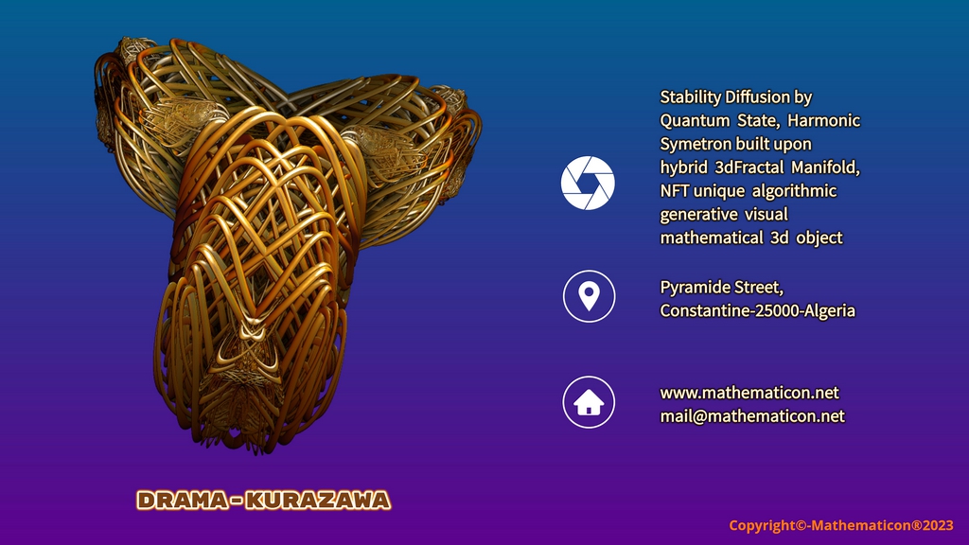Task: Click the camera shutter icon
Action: (x=588, y=183)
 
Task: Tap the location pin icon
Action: (x=589, y=296)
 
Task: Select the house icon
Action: (x=589, y=402)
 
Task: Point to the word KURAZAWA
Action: (x=318, y=500)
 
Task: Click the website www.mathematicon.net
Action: (x=749, y=393)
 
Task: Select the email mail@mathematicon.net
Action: (x=752, y=416)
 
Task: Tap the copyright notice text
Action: (x=841, y=525)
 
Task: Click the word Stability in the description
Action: (x=690, y=97)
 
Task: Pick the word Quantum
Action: (x=694, y=120)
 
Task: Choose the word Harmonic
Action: (x=824, y=120)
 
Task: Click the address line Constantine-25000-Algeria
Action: (x=758, y=310)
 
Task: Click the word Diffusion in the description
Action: (x=758, y=97)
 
